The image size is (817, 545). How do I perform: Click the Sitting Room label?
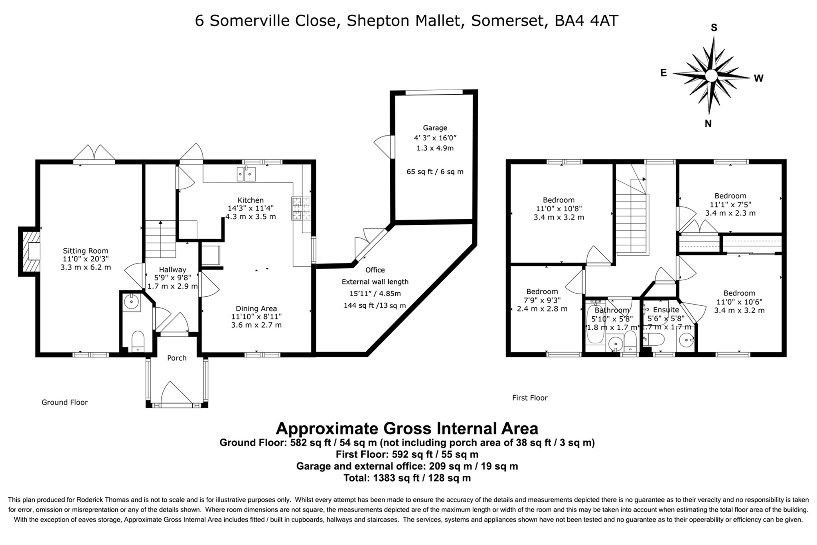point(85,251)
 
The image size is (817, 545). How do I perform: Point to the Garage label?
point(435,128)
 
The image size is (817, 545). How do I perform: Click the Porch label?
point(177,358)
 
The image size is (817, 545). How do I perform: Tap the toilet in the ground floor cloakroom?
point(138,341)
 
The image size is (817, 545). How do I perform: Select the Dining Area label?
point(256,308)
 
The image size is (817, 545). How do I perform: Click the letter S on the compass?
point(714,28)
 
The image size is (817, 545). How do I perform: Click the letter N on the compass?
point(708,123)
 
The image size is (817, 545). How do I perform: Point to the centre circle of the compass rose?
point(711,75)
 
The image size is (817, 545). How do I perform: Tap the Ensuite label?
point(666,309)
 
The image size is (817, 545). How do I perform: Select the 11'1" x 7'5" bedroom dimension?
point(730,204)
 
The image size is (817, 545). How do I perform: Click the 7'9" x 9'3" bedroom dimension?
point(542,300)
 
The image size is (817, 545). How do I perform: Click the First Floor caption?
point(530,398)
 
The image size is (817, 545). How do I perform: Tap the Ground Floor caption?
point(65,402)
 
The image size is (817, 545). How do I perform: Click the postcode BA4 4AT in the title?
point(586,21)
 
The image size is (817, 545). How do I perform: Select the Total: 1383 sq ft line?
point(407,478)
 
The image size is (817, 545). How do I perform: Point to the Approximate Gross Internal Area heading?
point(407,428)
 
